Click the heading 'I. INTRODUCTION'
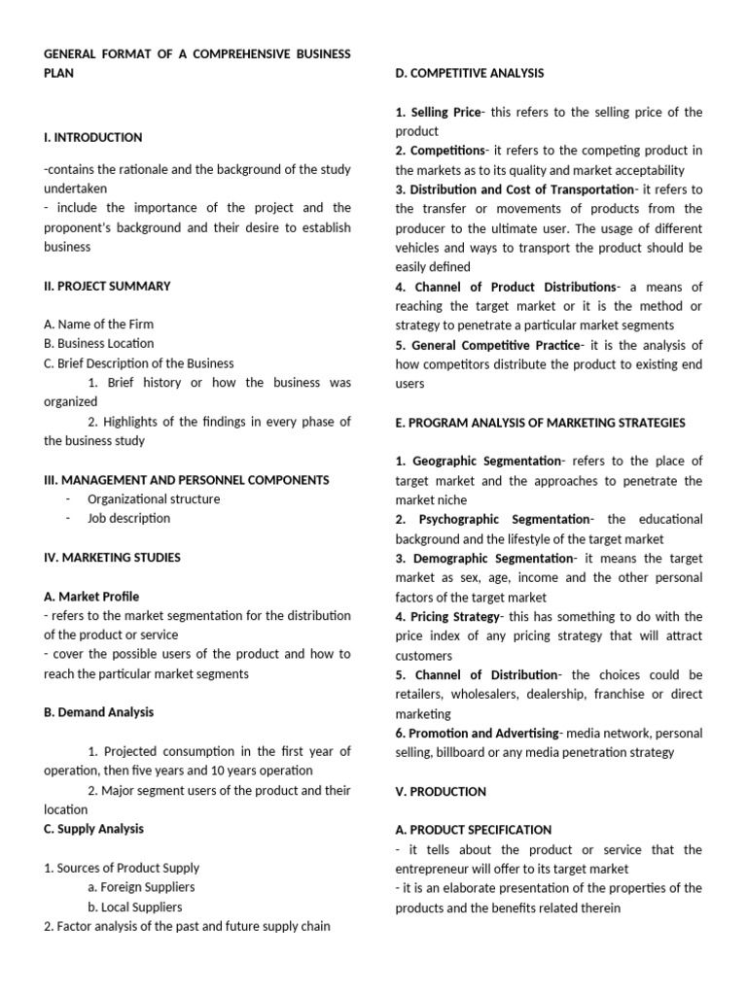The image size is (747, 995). (92, 137)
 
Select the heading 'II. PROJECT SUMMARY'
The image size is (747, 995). (107, 286)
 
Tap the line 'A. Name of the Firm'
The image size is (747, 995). (98, 324)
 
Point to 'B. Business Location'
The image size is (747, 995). (98, 343)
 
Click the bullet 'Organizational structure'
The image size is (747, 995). (154, 498)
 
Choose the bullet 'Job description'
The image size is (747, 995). (128, 518)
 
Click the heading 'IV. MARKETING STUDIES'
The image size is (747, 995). (112, 557)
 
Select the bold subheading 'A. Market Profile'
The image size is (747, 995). (91, 596)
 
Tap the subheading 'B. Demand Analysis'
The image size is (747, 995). (98, 712)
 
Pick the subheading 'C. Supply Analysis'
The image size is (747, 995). (93, 829)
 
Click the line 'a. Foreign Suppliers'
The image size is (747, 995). (141, 887)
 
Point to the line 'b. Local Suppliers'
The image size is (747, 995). (135, 907)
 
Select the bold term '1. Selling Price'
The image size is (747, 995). (438, 112)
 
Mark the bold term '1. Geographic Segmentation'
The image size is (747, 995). (479, 461)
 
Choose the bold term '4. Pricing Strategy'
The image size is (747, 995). (446, 616)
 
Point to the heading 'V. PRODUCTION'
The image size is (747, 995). (441, 791)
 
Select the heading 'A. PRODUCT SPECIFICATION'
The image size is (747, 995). (473, 830)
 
